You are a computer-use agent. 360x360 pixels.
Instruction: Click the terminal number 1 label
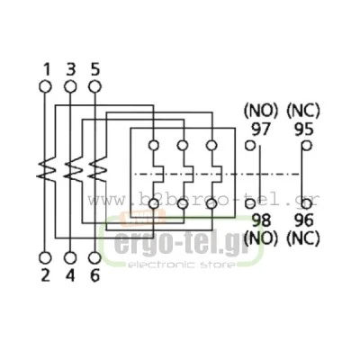[47, 70]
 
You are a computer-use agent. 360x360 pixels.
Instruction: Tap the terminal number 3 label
[70, 70]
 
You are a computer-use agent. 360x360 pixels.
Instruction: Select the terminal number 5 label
[94, 70]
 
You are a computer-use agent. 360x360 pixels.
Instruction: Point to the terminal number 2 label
[45, 275]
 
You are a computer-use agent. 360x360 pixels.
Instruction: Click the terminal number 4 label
[70, 275]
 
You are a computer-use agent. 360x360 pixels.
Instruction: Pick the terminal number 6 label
[94, 275]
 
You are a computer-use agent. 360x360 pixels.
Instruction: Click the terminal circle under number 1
[45, 86]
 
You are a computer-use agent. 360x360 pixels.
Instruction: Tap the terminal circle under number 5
[94, 86]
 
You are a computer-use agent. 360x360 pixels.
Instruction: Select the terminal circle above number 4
[70, 257]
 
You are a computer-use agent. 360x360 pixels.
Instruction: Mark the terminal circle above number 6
[94, 257]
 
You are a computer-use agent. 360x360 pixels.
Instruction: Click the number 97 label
[261, 130]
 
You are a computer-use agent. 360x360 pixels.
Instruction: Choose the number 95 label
[304, 130]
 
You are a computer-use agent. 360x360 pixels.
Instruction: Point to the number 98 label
[261, 220]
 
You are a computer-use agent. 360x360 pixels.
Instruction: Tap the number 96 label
[304, 220]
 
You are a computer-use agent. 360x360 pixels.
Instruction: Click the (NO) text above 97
[261, 111]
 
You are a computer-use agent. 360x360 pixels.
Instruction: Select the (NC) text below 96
[303, 238]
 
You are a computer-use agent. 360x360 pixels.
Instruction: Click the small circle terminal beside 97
[250, 146]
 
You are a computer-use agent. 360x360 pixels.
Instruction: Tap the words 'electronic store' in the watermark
[182, 265]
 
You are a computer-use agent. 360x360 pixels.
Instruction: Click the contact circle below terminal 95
[307, 204]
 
